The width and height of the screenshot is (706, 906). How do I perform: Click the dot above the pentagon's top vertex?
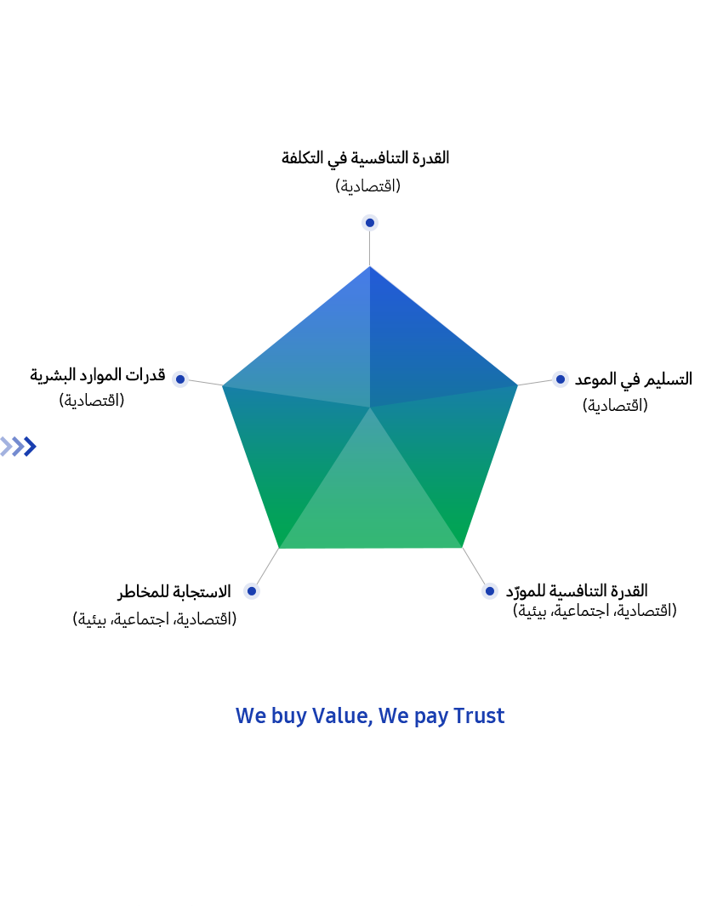(370, 222)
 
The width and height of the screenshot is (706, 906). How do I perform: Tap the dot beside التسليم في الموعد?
(560, 379)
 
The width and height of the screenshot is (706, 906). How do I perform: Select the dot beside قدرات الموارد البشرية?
(180, 379)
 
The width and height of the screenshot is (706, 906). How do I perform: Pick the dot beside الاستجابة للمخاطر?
(251, 591)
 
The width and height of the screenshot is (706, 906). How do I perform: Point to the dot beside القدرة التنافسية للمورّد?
(489, 591)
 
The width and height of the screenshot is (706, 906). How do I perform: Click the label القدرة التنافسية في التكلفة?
(365, 158)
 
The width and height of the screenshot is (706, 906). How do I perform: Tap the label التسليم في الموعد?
(633, 379)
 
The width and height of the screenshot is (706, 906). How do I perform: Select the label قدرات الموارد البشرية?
(98, 375)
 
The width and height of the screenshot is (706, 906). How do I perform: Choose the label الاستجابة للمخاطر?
(174, 592)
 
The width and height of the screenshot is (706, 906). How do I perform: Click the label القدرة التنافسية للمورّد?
(577, 591)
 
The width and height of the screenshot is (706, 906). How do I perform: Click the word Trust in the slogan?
(479, 716)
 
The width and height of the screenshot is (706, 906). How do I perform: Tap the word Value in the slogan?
(342, 716)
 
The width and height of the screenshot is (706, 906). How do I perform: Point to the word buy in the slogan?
(289, 717)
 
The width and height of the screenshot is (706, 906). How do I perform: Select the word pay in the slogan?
(431, 718)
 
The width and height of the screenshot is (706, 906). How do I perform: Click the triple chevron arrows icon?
(19, 447)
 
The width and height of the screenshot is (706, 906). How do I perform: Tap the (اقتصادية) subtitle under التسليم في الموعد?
(615, 405)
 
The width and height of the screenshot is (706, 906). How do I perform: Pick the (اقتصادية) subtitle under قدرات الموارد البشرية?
(91, 400)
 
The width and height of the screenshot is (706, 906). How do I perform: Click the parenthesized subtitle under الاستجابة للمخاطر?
(154, 618)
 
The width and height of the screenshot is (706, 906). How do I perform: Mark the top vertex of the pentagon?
(370, 266)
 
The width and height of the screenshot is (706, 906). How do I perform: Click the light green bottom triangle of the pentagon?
(370, 503)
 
